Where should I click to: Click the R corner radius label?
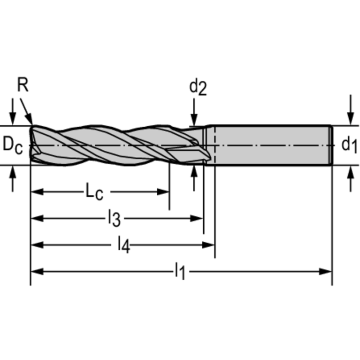23,85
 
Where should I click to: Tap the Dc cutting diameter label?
13,145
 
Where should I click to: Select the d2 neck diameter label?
198,87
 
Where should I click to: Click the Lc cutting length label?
94,192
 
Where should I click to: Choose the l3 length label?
115,218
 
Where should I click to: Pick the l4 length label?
123,245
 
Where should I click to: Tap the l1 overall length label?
180,271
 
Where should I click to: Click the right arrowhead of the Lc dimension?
164,191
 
